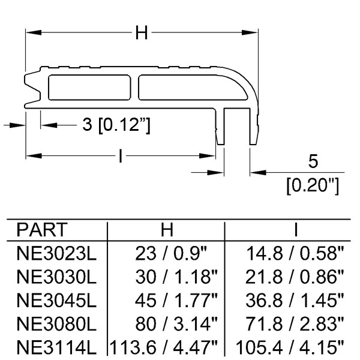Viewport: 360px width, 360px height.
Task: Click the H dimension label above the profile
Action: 142,32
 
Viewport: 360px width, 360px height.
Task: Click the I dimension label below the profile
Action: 121,156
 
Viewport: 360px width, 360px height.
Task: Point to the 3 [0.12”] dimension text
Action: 116,125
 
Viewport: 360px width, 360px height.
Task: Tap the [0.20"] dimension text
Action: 313,186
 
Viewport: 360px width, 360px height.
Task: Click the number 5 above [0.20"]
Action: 313,161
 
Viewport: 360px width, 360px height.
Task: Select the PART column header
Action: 42,229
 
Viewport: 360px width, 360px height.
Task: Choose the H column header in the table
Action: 167,229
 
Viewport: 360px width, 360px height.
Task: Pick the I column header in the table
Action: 296,229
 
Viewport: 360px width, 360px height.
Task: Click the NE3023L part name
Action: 56,253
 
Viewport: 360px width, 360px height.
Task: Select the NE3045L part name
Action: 56,301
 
